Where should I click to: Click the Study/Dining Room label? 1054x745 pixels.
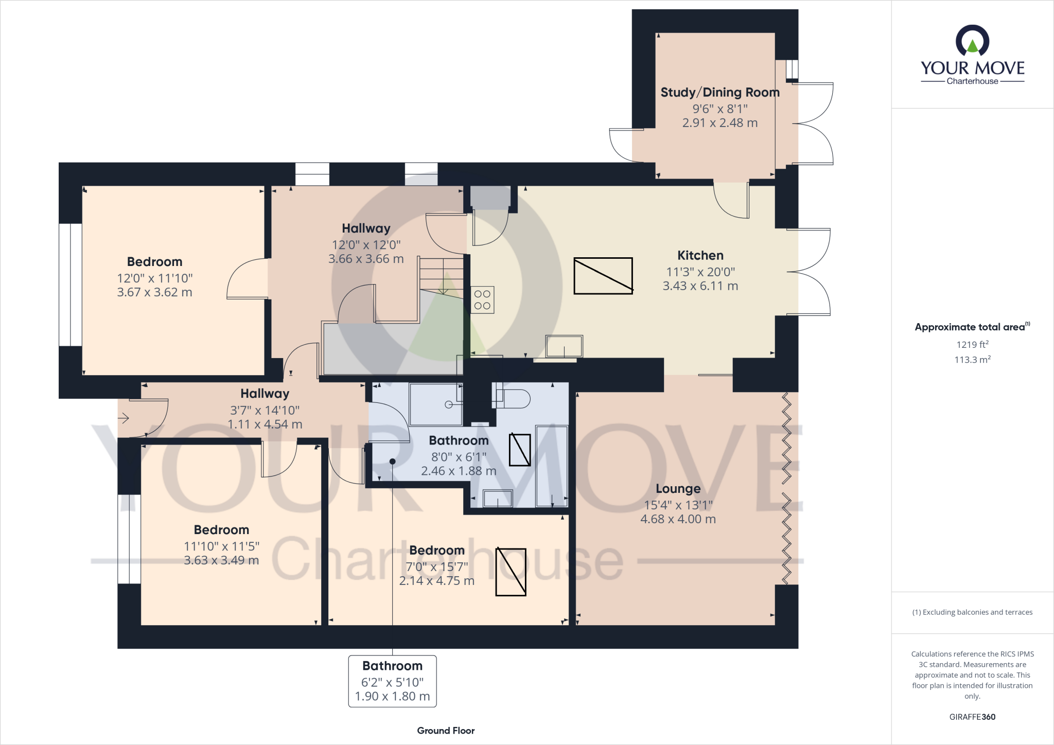pos(719,93)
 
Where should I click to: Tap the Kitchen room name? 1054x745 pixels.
pos(700,256)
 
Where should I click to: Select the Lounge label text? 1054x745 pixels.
pos(678,489)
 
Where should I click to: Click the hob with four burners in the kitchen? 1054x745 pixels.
pos(482,300)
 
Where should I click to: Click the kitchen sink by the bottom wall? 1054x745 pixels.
pos(564,346)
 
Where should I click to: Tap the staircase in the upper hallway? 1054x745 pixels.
pos(442,275)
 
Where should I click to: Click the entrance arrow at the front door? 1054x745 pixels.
pos(124,419)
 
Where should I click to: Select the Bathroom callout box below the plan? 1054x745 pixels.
pos(392,681)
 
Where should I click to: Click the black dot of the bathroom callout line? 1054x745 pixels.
pos(392,462)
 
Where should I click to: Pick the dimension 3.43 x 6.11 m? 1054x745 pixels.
pos(700,286)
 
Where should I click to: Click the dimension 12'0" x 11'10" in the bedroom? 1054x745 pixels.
pos(154,278)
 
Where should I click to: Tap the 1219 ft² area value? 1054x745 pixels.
pos(972,345)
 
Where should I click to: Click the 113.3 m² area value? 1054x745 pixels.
pos(972,360)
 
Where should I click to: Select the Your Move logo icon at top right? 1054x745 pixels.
pos(972,41)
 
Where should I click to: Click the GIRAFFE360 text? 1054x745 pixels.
pos(972,717)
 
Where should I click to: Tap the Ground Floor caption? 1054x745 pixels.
pos(446,731)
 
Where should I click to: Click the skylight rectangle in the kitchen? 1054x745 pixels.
pos(603,276)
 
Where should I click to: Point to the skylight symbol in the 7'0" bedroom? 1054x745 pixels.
pos(511,572)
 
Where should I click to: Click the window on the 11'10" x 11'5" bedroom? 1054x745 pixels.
pos(129,539)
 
